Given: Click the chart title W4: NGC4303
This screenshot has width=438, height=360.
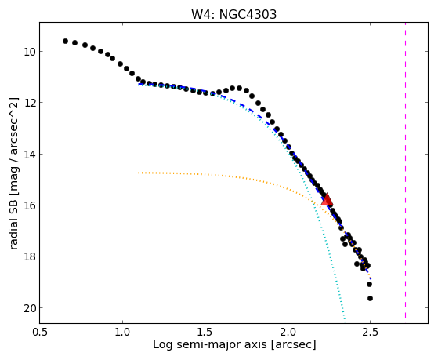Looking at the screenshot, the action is pyautogui.click(x=233, y=14).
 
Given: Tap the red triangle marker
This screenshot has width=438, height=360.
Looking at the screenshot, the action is pyautogui.click(x=327, y=199).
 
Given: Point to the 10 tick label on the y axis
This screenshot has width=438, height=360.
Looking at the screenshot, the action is pyautogui.click(x=28, y=52).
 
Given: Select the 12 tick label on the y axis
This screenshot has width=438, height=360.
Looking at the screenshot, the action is pyautogui.click(x=28, y=103).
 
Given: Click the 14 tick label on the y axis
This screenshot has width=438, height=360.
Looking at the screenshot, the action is pyautogui.click(x=28, y=155).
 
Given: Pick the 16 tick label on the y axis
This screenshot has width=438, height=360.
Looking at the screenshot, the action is pyautogui.click(x=28, y=205).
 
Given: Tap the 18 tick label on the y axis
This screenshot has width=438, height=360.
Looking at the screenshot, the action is pyautogui.click(x=28, y=256).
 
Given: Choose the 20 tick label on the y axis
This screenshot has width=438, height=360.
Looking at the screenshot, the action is pyautogui.click(x=28, y=308).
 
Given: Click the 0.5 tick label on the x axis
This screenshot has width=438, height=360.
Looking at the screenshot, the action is pyautogui.click(x=40, y=332).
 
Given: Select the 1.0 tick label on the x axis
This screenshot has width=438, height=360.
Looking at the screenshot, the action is pyautogui.click(x=122, y=332).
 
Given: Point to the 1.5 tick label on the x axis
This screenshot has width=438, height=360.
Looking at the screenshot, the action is pyautogui.click(x=205, y=332).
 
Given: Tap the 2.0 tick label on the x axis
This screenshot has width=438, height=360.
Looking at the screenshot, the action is pyautogui.click(x=288, y=332).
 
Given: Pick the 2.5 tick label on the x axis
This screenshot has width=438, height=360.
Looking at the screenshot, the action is pyautogui.click(x=370, y=332).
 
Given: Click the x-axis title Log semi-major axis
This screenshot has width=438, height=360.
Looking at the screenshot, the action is pyautogui.click(x=210, y=345).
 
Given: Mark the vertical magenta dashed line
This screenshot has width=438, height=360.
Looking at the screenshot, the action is pyautogui.click(x=405, y=170).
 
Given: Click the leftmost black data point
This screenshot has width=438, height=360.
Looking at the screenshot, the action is pyautogui.click(x=65, y=41).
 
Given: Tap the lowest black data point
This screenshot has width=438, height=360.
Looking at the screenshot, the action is pyautogui.click(x=370, y=299).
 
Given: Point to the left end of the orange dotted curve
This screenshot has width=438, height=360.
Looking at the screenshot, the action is pyautogui.click(x=139, y=173).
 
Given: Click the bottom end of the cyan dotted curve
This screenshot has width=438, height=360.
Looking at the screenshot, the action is pyautogui.click(x=346, y=321).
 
